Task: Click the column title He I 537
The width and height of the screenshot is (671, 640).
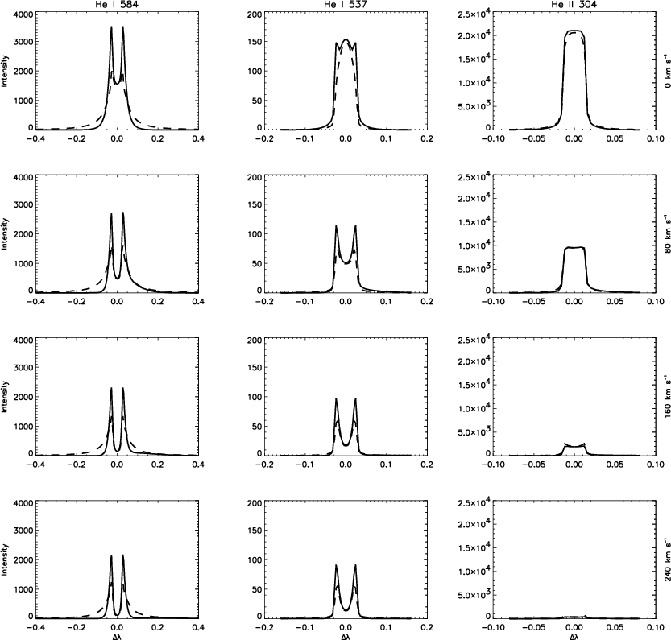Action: coord(345,5)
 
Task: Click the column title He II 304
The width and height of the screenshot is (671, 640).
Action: coord(574,5)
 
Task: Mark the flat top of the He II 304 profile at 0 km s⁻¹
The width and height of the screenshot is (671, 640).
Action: coord(574,31)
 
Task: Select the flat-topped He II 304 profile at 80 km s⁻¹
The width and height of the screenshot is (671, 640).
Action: coord(574,248)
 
